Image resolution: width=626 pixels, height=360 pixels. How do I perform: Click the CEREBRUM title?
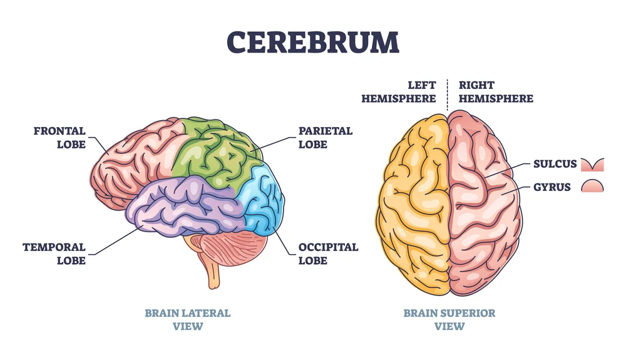pyautogui.click(x=312, y=41)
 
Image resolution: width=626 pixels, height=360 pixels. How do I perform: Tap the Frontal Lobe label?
pyautogui.click(x=59, y=138)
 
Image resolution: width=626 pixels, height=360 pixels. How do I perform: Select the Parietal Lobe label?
pyautogui.click(x=325, y=138)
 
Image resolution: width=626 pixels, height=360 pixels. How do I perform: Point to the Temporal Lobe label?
pyautogui.click(x=54, y=254)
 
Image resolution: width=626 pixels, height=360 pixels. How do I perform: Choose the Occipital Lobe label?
pyautogui.click(x=328, y=254)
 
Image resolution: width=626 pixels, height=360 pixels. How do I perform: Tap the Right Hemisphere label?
pyautogui.click(x=496, y=91)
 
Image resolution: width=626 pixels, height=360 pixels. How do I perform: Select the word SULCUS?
pyautogui.click(x=554, y=165)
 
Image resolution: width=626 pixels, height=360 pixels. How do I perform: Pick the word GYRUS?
pyautogui.click(x=552, y=187)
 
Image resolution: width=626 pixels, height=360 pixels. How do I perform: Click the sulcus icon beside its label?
pyautogui.click(x=592, y=165)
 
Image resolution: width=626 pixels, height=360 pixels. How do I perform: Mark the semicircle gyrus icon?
pyautogui.click(x=592, y=185)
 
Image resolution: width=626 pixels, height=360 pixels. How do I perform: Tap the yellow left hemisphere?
pyautogui.click(x=413, y=200)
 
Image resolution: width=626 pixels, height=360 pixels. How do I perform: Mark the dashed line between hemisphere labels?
pyautogui.click(x=448, y=94)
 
